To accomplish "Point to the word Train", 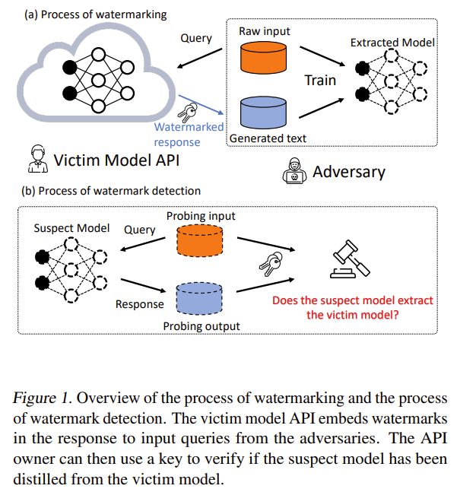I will [x=320, y=80].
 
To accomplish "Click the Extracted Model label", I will [x=392, y=43].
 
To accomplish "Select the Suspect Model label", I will [x=71, y=228].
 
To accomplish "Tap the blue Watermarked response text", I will [x=189, y=135].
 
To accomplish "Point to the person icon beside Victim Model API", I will [x=35, y=160].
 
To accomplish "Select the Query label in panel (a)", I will [x=196, y=38].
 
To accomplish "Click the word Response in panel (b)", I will [x=139, y=304].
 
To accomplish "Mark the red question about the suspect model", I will [x=353, y=307].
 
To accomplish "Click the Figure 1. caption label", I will [x=43, y=398].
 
